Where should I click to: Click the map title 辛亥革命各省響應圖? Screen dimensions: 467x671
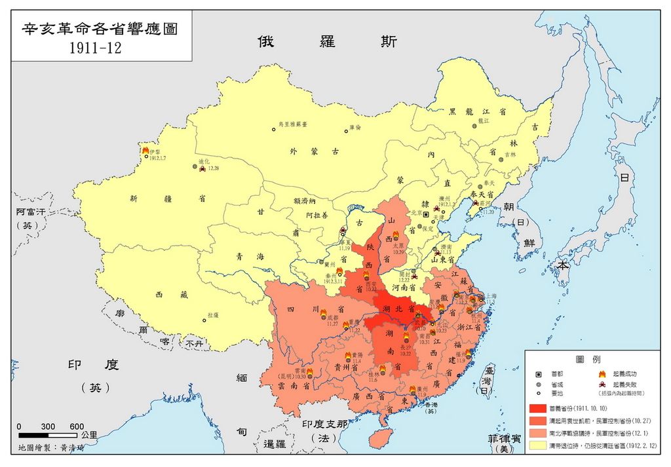tap(100, 29)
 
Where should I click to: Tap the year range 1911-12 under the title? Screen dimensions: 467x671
tap(100, 48)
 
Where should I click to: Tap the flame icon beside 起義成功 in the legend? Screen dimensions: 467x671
tap(601, 373)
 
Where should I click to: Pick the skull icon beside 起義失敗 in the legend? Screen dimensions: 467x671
tap(601, 384)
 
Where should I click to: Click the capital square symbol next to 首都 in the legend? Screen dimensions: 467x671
tap(539, 373)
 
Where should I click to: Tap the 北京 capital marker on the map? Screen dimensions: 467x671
tap(425, 214)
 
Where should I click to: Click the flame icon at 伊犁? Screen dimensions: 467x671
tap(145, 151)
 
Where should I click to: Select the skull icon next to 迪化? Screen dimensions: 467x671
tap(204, 168)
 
